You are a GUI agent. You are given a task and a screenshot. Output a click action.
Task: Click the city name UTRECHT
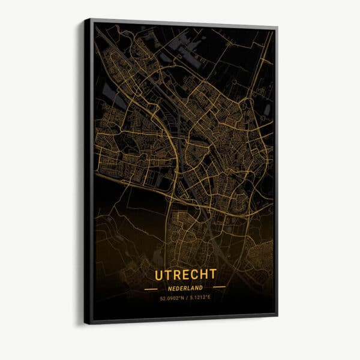(185, 274)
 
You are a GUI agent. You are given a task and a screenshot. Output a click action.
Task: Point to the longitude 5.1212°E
(201, 298)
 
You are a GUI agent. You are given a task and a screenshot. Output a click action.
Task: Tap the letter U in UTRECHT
(160, 275)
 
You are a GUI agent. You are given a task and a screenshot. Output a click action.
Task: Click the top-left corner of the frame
(85, 19)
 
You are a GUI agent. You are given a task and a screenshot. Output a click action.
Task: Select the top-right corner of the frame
(277, 27)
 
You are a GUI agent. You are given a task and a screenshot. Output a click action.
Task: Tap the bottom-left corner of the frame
(85, 324)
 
